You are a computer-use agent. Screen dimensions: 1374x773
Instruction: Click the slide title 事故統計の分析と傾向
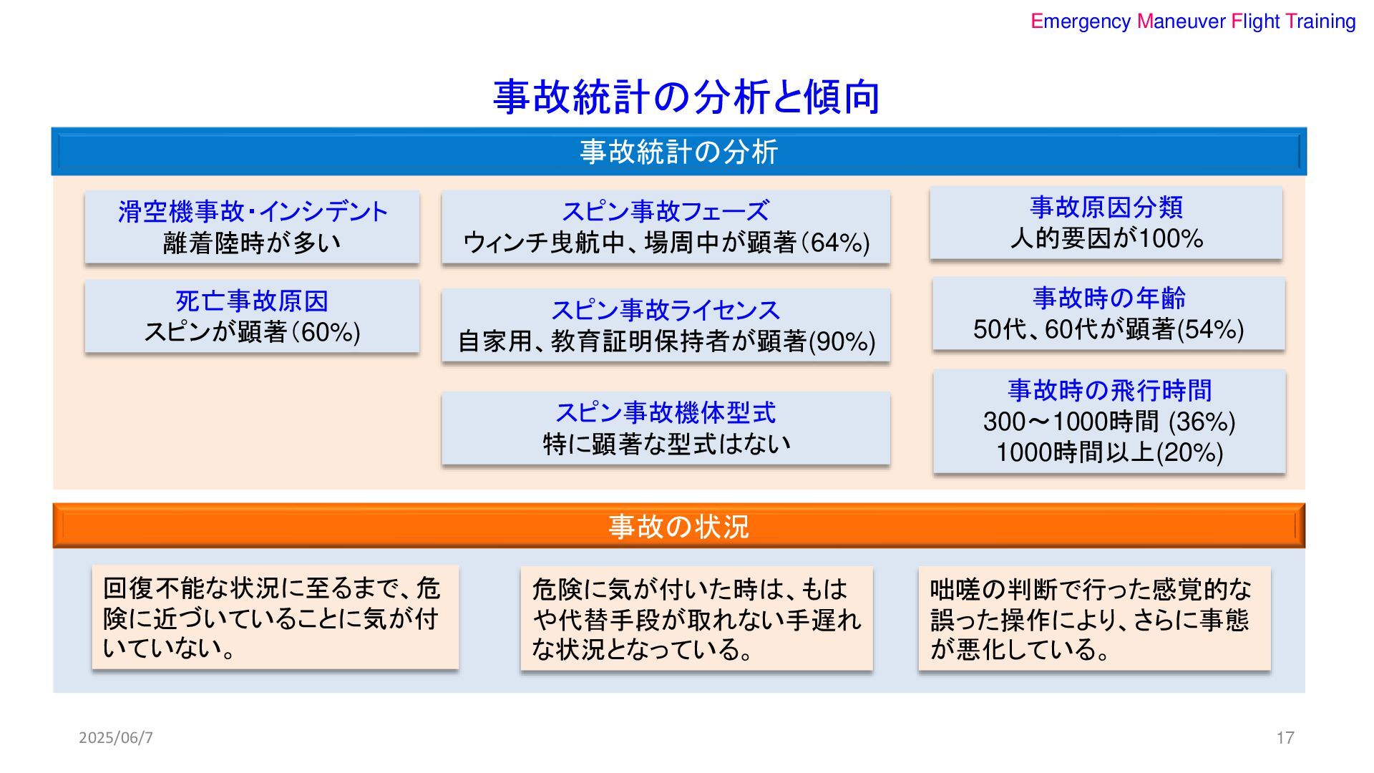(686, 97)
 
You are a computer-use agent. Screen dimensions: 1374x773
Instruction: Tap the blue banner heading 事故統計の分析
(678, 152)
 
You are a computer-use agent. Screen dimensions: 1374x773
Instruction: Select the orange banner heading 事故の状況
(678, 527)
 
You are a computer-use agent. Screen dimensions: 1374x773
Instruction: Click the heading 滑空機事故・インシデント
(253, 212)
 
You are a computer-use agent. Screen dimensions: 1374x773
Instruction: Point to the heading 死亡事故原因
(252, 301)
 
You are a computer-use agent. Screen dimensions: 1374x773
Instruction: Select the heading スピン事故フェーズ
(666, 211)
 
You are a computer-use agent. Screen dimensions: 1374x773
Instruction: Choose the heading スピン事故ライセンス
(666, 310)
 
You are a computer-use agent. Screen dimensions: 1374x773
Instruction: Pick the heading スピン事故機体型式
(666, 413)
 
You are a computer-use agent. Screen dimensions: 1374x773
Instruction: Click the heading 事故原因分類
(1106, 208)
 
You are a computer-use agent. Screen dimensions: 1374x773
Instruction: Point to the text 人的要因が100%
(1106, 238)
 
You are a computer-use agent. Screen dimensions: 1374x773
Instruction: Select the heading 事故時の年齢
(1109, 298)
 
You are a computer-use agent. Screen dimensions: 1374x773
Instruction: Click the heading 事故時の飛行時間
(1110, 391)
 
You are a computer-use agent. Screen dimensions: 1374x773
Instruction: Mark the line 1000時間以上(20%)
(1110, 452)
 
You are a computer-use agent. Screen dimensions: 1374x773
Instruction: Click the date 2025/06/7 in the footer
(116, 737)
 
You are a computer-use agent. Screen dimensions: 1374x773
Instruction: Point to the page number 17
(1285, 737)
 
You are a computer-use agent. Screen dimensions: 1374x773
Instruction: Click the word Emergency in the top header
(1081, 21)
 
